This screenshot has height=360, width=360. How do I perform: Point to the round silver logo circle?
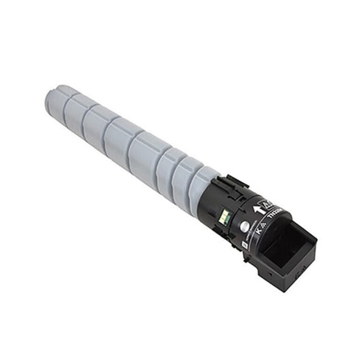point(243,226)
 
